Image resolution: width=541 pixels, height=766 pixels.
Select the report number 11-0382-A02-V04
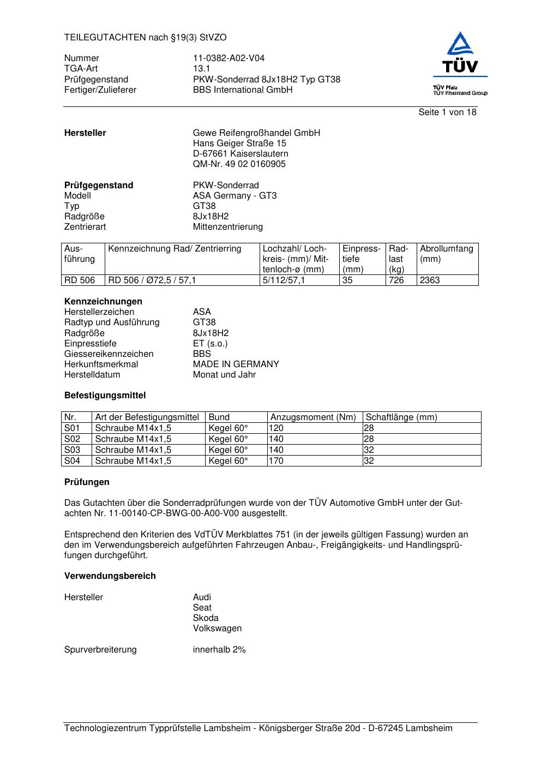click(229, 58)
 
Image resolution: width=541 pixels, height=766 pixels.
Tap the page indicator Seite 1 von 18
click(447, 112)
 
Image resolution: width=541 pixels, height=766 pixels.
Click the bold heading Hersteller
click(85, 133)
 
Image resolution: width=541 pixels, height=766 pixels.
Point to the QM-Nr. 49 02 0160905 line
click(239, 164)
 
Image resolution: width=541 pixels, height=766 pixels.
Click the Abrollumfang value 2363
click(430, 280)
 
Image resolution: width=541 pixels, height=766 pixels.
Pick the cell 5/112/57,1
click(284, 280)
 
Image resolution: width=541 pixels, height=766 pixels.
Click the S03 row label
click(72, 450)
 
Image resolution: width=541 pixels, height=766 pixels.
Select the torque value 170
click(276, 461)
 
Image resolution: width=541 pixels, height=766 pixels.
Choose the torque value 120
click(276, 428)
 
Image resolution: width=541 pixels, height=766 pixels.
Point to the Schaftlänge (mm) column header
click(401, 417)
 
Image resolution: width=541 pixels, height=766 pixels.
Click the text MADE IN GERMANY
click(236, 364)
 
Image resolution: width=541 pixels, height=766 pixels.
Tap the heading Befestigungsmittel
click(105, 396)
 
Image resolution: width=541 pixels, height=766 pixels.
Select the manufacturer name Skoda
click(206, 618)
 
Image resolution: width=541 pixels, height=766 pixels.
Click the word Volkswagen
click(217, 629)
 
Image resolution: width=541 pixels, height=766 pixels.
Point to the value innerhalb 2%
click(219, 650)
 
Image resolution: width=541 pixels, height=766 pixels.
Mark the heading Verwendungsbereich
click(110, 576)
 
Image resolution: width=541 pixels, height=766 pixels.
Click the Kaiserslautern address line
click(241, 154)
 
